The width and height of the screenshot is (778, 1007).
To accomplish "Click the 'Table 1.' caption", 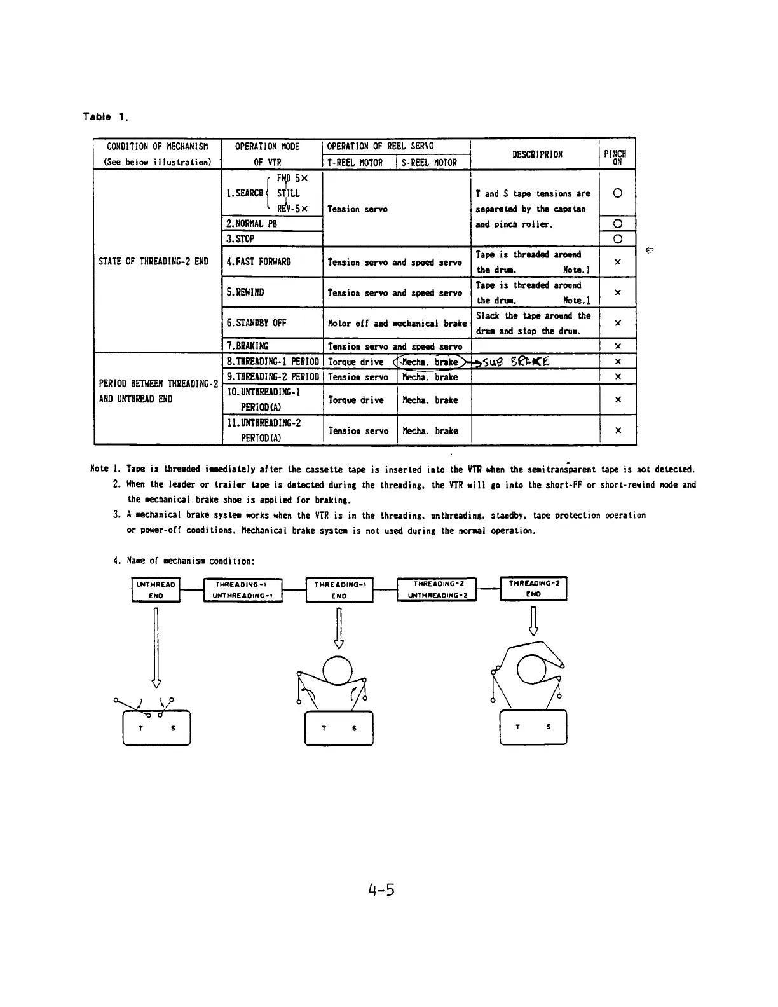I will coord(106,116).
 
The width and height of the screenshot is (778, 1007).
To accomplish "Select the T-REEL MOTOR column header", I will coord(355,163).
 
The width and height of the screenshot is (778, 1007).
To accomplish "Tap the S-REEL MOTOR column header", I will coord(429,163).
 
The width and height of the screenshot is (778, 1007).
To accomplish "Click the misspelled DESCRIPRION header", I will coord(537,154).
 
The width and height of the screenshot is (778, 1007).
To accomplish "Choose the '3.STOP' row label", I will coord(240,239).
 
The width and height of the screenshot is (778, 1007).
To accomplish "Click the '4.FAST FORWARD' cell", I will coord(259,262).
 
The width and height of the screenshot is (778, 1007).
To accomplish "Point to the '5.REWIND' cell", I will coord(245,292).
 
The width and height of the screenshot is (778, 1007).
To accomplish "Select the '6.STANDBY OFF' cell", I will coord(256,323).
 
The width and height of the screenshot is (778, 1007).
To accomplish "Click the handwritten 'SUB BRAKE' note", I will coord(516,362).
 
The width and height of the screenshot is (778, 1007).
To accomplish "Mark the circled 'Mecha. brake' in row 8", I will coord(430,362).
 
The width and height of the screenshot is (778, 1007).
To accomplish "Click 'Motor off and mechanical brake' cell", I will coord(397,324).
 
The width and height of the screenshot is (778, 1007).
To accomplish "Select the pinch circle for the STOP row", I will coord(617,239).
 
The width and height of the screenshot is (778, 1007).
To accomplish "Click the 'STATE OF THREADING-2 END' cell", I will coord(154,262).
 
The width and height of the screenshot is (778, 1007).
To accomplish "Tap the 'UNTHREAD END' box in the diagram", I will coord(156,589).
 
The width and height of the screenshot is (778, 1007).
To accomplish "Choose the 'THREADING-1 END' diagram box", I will coord(339,589).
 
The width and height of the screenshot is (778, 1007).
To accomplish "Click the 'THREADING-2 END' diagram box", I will coord(533,589).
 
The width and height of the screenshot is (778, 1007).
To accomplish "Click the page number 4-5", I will coord(381,889).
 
